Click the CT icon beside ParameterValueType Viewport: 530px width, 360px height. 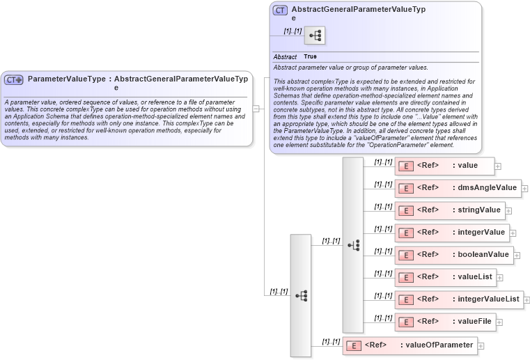point(14,79)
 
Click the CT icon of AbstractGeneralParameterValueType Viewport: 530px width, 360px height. point(280,10)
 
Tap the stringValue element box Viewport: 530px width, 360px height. point(449,210)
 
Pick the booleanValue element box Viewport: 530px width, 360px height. point(454,255)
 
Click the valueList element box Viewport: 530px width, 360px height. point(445,277)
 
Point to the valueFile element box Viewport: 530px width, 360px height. point(445,322)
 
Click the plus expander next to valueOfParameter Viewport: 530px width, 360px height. point(481,346)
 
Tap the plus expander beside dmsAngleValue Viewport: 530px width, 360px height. point(524,189)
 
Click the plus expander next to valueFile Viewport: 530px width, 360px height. point(499,322)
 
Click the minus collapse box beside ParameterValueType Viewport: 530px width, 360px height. point(256,109)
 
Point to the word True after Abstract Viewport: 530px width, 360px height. point(310,56)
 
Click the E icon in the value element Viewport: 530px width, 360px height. point(405,166)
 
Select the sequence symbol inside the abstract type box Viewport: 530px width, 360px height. point(314,35)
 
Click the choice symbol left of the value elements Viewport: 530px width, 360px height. point(353,244)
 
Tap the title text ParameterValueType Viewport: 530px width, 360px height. point(67,79)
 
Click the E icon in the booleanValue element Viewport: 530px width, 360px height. point(405,256)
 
